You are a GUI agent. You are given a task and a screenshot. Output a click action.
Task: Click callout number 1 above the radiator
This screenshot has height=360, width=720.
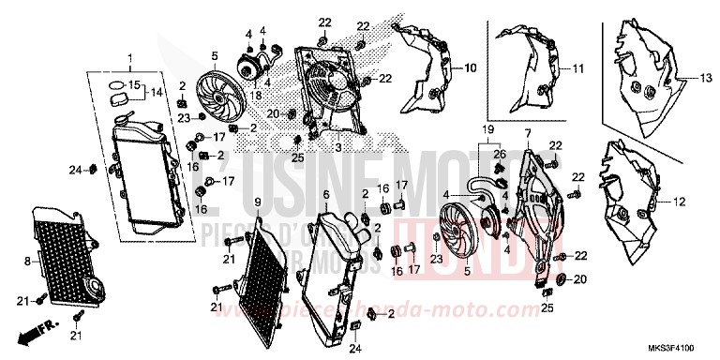coord(131,59)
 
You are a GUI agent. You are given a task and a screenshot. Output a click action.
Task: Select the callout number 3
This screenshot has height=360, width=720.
coord(337,147)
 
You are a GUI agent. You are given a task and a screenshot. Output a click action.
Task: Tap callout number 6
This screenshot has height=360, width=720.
coord(325,195)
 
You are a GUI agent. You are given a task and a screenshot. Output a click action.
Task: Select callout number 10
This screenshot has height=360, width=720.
coord(471,67)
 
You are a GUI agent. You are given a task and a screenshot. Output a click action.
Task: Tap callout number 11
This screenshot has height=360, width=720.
coord(578,68)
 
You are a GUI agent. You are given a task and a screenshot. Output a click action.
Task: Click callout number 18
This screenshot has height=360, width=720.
coord(256,94)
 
